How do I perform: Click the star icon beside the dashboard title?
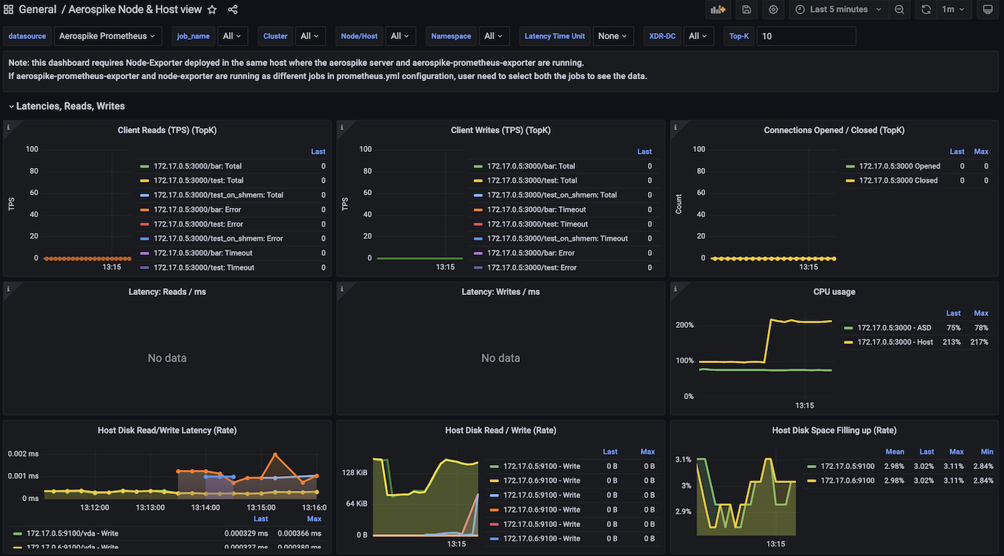212,9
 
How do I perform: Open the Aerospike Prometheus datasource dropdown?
107,36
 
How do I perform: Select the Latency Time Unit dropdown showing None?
613,36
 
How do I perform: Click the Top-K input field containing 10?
806,36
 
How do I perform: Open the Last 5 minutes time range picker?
838,9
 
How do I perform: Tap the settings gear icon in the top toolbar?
773,9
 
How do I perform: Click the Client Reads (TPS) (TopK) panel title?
167,130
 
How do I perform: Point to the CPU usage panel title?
834,292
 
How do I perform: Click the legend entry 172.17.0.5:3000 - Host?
895,342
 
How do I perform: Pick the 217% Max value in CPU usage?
980,342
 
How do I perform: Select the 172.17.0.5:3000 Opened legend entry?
899,166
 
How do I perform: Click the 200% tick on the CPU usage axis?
684,325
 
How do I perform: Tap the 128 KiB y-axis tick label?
355,473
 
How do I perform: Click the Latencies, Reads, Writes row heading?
70,106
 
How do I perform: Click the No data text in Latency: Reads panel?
167,358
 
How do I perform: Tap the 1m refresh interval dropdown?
952,9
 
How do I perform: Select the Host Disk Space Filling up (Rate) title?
834,431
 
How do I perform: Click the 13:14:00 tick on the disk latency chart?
206,507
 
